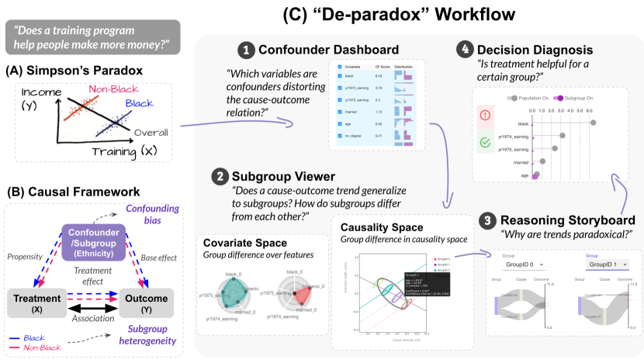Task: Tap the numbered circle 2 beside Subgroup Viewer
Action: (220, 177)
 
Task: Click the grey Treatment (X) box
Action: (34, 301)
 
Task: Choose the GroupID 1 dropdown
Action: (604, 265)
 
